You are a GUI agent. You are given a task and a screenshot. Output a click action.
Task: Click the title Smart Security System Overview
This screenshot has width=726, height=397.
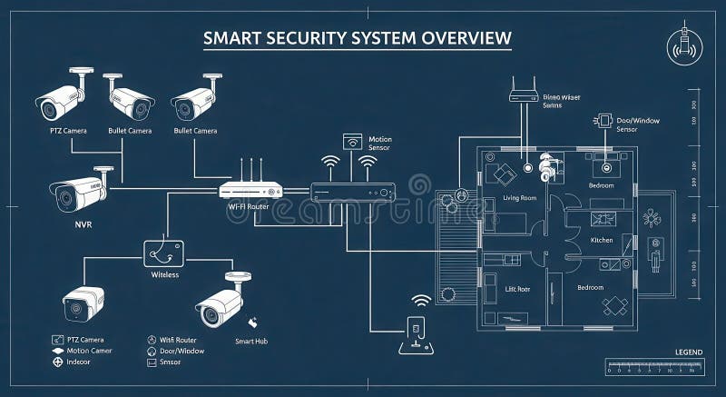tap(357, 38)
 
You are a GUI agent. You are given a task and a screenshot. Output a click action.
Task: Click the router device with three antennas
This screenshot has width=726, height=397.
tap(251, 189)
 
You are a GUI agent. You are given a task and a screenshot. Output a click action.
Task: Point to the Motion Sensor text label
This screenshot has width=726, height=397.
tap(379, 144)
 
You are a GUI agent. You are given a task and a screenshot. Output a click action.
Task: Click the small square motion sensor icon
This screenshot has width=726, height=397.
tap(351, 141)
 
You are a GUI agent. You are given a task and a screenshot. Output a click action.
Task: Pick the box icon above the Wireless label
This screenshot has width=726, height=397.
tap(164, 251)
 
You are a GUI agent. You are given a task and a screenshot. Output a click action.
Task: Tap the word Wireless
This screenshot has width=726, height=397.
tap(164, 273)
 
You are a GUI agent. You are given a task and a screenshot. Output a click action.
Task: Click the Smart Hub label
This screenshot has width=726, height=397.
tap(250, 341)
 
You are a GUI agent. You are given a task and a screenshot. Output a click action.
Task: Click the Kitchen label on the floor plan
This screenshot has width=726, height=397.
tap(602, 240)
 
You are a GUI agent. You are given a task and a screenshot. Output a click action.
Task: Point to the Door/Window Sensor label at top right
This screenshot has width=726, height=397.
tap(639, 124)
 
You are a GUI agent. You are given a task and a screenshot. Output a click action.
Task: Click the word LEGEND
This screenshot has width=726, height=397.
tap(689, 352)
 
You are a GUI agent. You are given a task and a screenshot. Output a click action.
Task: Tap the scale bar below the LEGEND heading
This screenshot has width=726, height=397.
tap(653, 366)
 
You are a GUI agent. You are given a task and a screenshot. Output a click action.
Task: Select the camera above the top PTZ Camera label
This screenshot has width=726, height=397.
tap(61, 99)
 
